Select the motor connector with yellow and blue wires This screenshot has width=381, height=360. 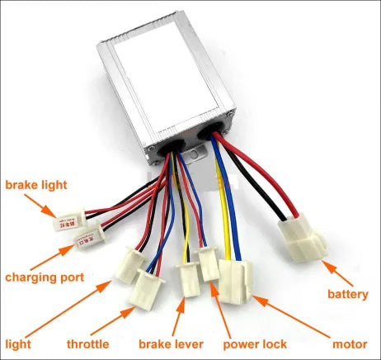[x=235, y=276]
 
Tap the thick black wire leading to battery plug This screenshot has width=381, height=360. [x=264, y=178]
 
